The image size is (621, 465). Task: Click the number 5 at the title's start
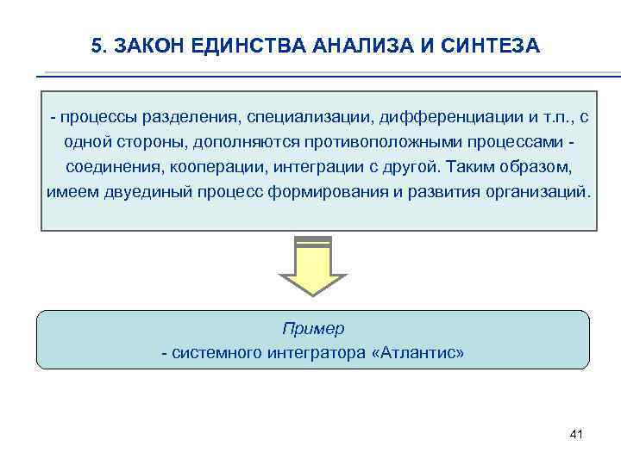pos(96,46)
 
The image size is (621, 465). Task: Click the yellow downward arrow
pos(312,267)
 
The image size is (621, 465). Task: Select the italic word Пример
pos(312,329)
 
